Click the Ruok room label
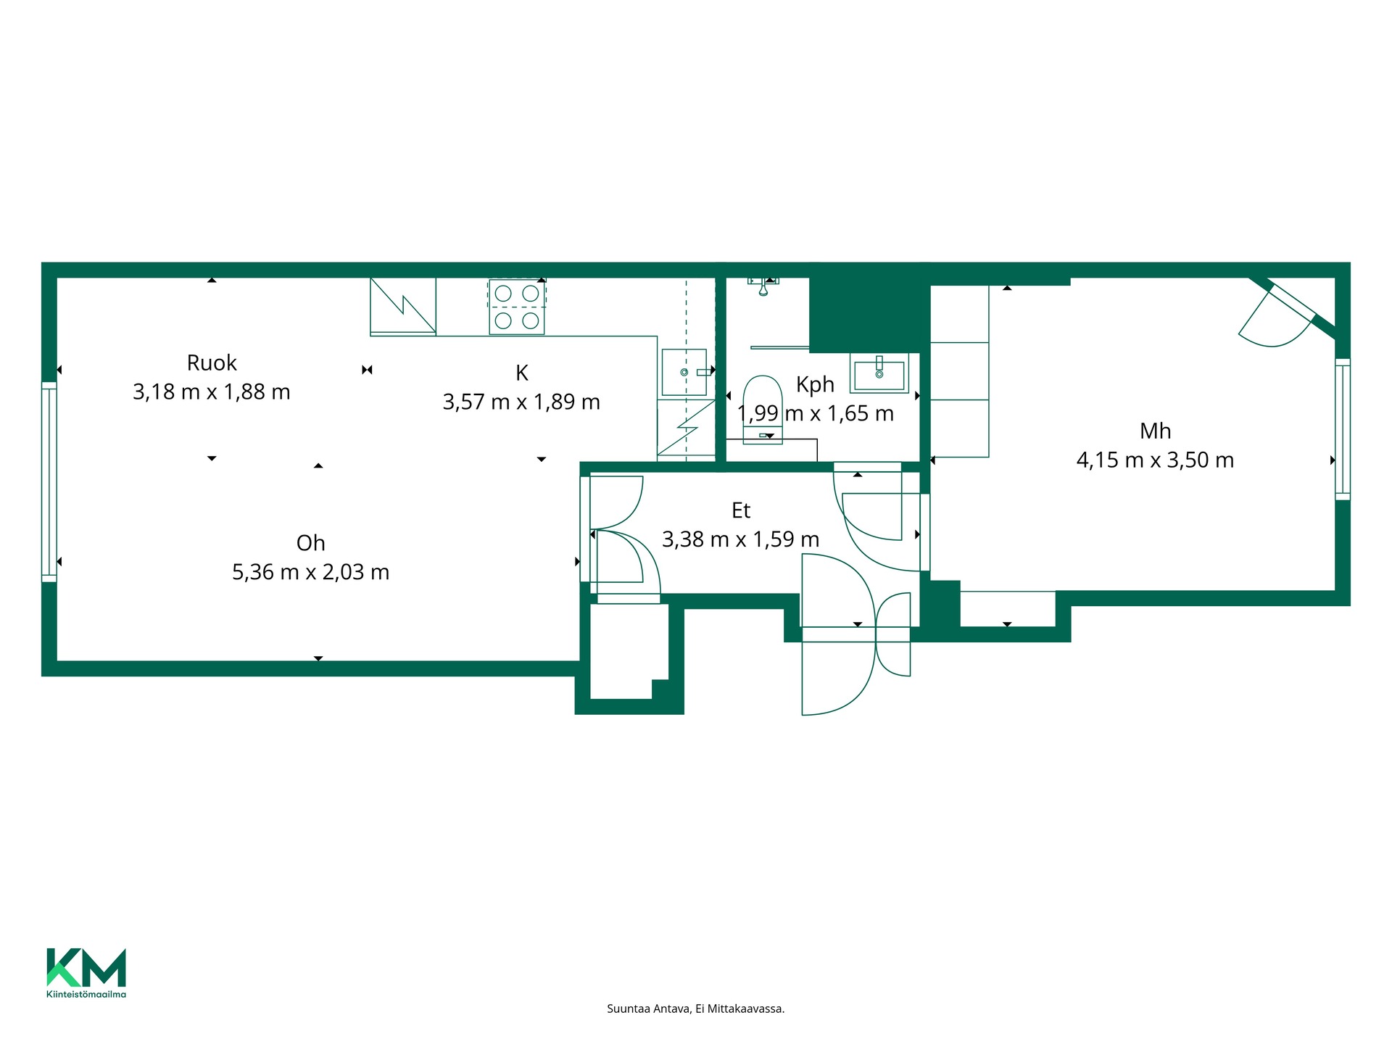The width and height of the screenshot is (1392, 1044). (x=212, y=362)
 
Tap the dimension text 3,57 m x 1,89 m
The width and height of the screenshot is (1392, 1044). (x=521, y=402)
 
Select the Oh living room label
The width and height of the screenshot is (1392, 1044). (x=310, y=543)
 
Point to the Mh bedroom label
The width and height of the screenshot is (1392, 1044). (x=1155, y=431)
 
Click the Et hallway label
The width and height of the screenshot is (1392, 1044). (x=741, y=510)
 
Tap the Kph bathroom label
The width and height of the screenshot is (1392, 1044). (x=815, y=384)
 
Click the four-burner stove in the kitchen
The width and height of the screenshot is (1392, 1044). (x=517, y=307)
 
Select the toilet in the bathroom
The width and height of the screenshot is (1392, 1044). (x=763, y=409)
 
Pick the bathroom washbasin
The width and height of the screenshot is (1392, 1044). (x=879, y=373)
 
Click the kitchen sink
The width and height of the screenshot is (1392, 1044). (x=684, y=372)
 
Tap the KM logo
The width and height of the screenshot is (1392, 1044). (x=86, y=967)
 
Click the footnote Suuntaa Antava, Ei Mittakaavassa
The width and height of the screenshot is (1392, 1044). (x=696, y=1008)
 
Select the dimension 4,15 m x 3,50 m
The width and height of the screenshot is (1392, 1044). (x=1155, y=460)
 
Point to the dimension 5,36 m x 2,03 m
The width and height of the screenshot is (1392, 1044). (x=310, y=572)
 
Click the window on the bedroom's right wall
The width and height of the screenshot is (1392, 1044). (x=1343, y=429)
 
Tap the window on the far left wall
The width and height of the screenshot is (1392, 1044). (x=49, y=482)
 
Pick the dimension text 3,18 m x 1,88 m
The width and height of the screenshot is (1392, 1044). (x=212, y=392)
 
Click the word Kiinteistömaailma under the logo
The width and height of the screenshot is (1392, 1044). (x=86, y=994)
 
